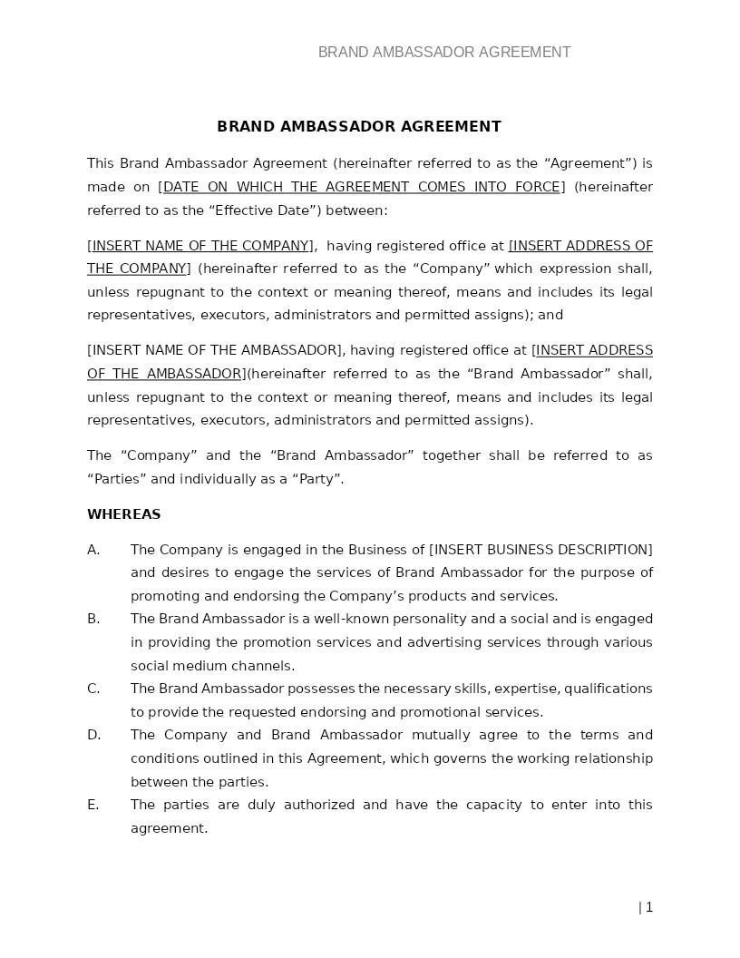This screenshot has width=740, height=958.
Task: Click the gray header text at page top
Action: click(444, 53)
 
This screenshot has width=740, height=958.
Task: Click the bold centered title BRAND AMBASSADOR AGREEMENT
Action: click(359, 127)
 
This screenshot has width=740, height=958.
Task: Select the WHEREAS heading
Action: click(123, 514)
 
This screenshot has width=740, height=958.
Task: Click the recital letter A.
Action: click(92, 550)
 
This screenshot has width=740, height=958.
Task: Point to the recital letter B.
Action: click(92, 619)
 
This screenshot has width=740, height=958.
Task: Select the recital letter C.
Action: click(92, 689)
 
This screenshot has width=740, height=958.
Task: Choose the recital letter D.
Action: click(93, 735)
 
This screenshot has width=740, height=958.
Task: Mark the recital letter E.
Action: click(92, 805)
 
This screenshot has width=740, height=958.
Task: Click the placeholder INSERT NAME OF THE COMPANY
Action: click(200, 246)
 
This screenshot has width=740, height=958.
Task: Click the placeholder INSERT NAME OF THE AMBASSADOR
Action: click(215, 350)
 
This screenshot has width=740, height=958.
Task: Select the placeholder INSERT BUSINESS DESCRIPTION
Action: click(540, 550)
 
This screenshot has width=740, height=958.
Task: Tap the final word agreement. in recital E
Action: click(169, 828)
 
